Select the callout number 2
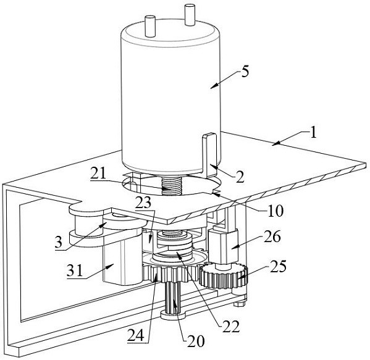[x=240, y=177]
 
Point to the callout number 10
[x=275, y=210]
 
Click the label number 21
[x=98, y=174]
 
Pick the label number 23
[x=144, y=203]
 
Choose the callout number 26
[x=272, y=236]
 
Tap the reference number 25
[x=278, y=266]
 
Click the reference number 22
[x=232, y=326]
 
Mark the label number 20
[x=196, y=341]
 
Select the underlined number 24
[x=136, y=335]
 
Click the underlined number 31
[x=75, y=270]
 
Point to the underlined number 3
[x=59, y=242]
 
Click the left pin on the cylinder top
[x=150, y=26]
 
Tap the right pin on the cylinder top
[x=190, y=15]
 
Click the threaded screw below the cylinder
[x=171, y=186]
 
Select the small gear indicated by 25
[x=223, y=275]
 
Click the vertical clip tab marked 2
[x=209, y=155]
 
